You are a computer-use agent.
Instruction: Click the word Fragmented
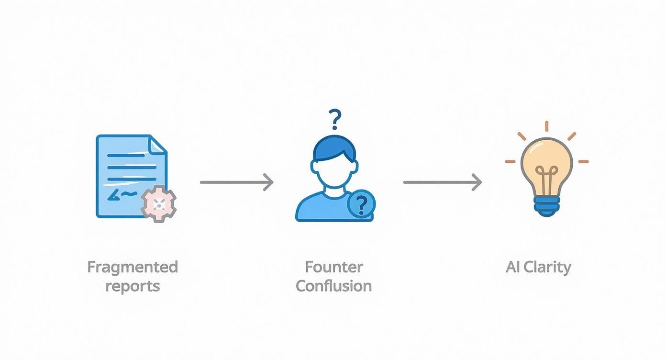pos(133,267)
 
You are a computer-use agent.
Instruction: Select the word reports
pos(133,286)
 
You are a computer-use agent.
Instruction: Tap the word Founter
pos(334,267)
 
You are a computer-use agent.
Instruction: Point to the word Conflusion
pos(334,286)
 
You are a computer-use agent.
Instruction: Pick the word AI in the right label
pos(513,267)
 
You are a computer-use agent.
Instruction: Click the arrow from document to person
pos(236,182)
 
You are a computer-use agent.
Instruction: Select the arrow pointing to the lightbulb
pos(442,182)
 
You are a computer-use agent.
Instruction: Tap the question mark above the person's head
pos(335,119)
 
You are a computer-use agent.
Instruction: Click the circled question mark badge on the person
pos(361,204)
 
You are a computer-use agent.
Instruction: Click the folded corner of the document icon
pos(158,144)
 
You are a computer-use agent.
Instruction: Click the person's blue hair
pos(334,148)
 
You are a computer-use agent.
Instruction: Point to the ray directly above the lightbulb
pos(546,126)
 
